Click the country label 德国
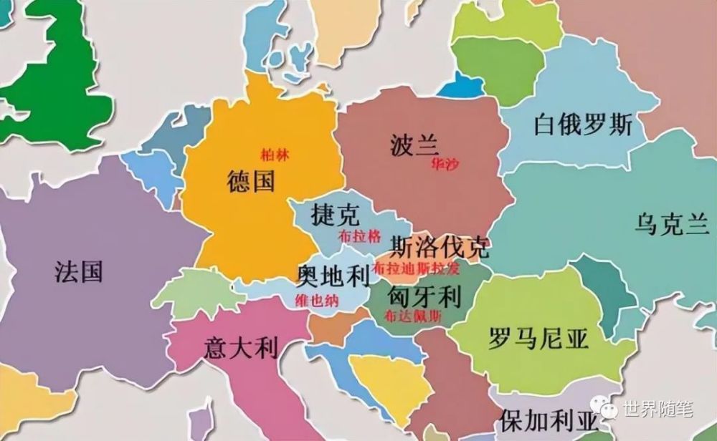point(250,182)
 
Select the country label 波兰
point(414,145)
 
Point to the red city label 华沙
point(445,163)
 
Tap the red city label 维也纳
point(317,301)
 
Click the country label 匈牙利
point(423,294)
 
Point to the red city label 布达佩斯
point(413,316)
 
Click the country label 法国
point(78,272)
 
